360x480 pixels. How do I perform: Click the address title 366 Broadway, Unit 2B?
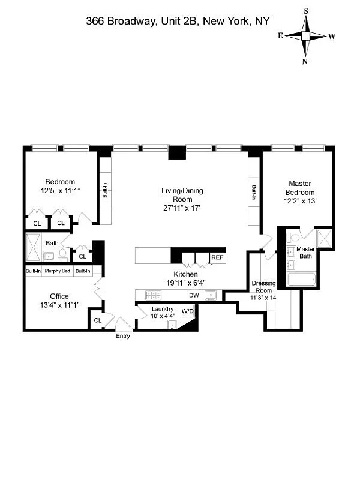click(177, 21)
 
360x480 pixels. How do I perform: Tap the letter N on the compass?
click(305, 61)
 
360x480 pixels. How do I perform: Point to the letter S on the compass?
click(305, 11)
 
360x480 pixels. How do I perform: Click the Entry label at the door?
click(122, 336)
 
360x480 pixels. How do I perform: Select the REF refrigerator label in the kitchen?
click(217, 257)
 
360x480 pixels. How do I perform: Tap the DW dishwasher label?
click(194, 295)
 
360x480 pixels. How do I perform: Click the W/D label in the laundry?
click(188, 311)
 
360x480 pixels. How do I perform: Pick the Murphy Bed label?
click(58, 271)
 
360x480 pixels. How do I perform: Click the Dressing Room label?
click(263, 286)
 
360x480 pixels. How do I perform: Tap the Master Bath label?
click(305, 253)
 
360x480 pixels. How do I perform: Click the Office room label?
click(59, 296)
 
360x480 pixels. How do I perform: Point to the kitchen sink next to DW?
click(211, 295)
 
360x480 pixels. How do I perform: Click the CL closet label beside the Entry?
click(97, 321)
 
